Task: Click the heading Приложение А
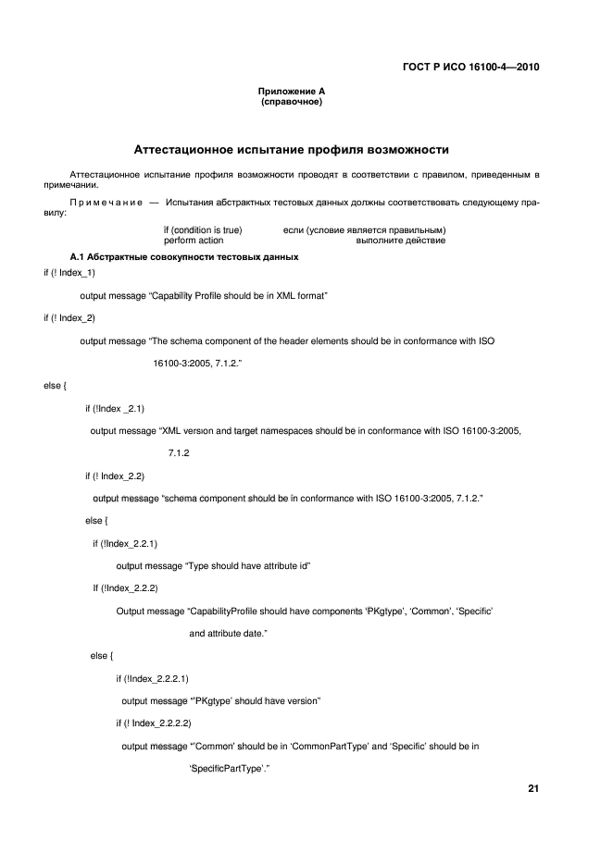tap(291, 92)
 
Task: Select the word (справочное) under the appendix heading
tap(291, 102)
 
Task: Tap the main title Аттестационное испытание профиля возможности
tap(292, 148)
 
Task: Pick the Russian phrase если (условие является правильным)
tap(364, 229)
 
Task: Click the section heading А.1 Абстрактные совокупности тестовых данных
tap(183, 256)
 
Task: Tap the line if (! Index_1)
tap(69, 272)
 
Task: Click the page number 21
tap(533, 789)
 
